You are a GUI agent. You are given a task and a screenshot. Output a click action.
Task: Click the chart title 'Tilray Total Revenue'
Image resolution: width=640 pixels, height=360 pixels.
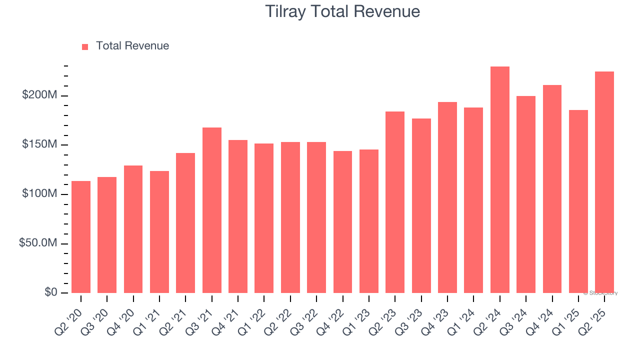click(x=342, y=11)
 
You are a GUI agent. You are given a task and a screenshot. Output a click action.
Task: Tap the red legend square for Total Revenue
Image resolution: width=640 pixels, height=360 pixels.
click(x=85, y=46)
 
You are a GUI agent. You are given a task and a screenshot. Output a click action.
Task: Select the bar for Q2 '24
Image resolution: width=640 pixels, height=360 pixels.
click(x=499, y=179)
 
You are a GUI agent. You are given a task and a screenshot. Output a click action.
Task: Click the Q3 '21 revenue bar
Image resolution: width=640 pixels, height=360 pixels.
click(x=212, y=210)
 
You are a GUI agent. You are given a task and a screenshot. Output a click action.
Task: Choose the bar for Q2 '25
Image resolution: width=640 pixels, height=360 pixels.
click(x=604, y=182)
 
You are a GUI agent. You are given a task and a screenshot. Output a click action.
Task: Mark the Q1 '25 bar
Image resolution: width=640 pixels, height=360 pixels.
click(x=578, y=201)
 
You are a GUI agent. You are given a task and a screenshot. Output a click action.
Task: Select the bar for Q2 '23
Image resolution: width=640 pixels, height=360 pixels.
click(x=395, y=202)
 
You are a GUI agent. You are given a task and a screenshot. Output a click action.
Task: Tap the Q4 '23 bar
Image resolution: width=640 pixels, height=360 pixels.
click(x=447, y=197)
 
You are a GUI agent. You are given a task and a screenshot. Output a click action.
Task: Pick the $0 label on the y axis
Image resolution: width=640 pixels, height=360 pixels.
click(x=51, y=292)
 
